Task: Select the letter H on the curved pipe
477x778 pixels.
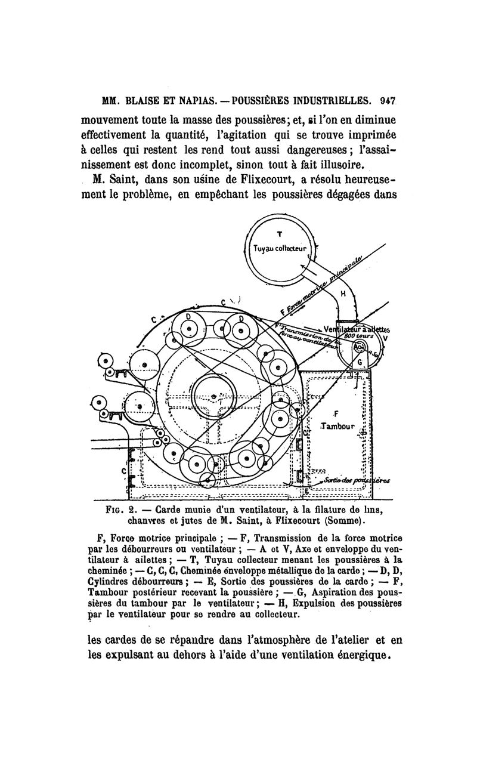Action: [343, 294]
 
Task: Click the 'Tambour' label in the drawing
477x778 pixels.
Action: [337, 427]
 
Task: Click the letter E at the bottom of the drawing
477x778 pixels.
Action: [306, 490]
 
